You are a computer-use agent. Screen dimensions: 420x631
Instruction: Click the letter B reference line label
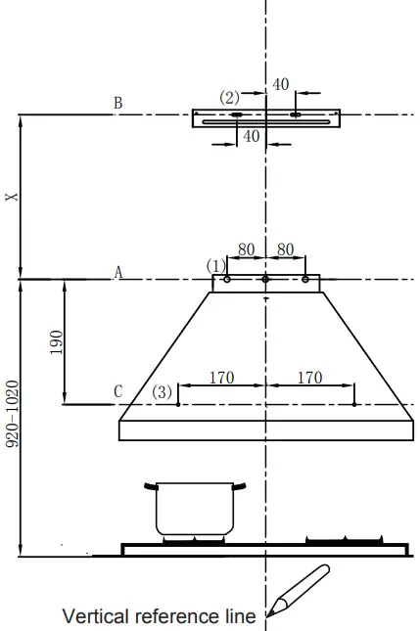[x=118, y=103]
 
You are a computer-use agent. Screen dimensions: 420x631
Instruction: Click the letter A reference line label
[x=118, y=272]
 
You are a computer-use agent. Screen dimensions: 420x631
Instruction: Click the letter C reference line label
[x=118, y=391]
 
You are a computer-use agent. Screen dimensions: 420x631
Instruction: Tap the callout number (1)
[x=215, y=266]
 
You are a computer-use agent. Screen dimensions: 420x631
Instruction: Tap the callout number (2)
[x=229, y=98]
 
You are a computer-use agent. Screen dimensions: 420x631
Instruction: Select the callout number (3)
[x=162, y=391]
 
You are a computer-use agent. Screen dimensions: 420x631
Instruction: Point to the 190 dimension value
[x=57, y=342]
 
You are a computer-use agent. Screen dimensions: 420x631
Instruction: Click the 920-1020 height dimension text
[x=13, y=414]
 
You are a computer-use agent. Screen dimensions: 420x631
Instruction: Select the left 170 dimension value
[x=222, y=378]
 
